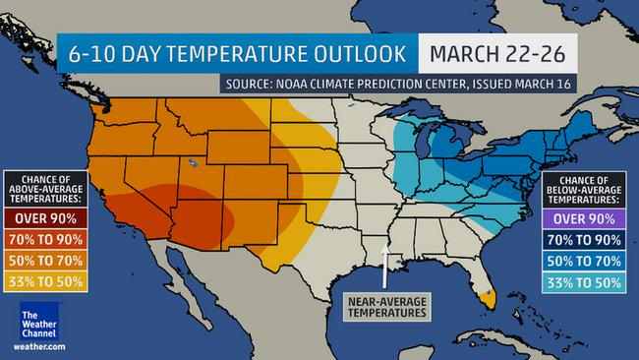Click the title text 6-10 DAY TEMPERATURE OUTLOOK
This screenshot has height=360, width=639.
pyautogui.click(x=236, y=50)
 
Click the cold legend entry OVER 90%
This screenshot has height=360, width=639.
pyautogui.click(x=586, y=219)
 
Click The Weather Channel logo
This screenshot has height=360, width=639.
pyautogui.click(x=38, y=322)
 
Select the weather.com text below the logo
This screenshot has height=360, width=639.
pyautogui.click(x=38, y=347)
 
